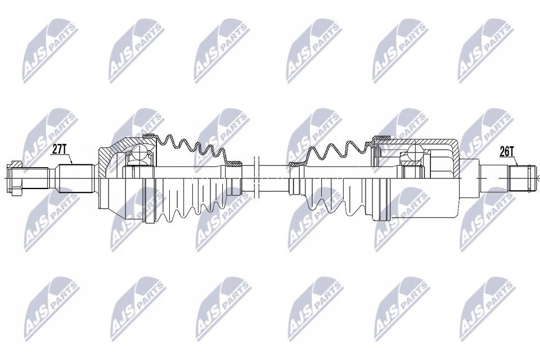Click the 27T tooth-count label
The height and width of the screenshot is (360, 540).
click(x=60, y=149)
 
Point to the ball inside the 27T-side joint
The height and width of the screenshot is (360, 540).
click(x=137, y=153)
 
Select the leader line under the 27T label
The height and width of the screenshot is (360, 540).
click(x=68, y=159)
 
